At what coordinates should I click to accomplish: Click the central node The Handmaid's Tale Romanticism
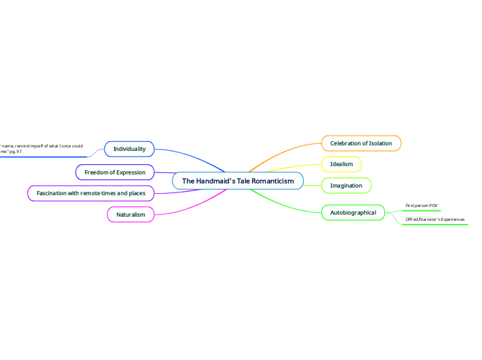point(238,181)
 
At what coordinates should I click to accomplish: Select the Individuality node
point(129,149)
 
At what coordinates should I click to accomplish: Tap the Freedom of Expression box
point(114,172)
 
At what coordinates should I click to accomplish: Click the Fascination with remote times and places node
point(91,193)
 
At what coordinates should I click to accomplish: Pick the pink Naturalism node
point(130,215)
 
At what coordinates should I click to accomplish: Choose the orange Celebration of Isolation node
point(361,143)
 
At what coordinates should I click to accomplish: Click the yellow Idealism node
point(341,164)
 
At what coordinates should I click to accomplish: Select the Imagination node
point(346,186)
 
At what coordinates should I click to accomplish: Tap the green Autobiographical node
point(352,213)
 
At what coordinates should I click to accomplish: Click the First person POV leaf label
point(421,206)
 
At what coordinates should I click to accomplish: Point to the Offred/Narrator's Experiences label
point(435,219)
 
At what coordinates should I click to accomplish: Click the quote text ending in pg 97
point(42,150)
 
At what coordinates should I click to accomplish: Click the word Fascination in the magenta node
point(53,193)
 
